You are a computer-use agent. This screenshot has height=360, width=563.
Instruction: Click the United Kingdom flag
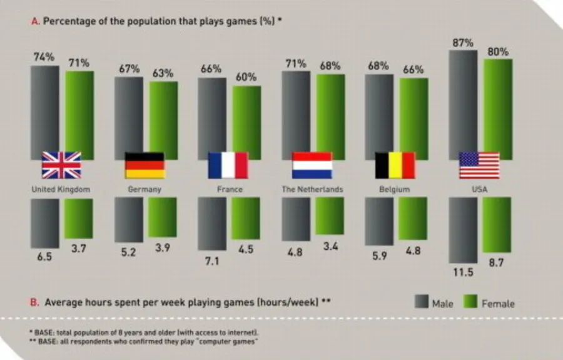[61, 165]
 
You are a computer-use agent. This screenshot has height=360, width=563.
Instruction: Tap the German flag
[145, 165]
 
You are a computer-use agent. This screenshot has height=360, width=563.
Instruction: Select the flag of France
[228, 165]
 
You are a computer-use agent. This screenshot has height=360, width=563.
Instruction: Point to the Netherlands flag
[312, 165]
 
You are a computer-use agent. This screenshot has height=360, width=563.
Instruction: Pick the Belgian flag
[395, 165]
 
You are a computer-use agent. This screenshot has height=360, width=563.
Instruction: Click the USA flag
[479, 165]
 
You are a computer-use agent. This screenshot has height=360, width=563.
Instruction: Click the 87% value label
[462, 43]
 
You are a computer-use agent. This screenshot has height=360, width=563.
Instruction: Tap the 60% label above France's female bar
[246, 77]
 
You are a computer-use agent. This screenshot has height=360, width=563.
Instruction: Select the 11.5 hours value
[463, 272]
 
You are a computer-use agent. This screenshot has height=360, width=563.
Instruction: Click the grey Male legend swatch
[420, 302]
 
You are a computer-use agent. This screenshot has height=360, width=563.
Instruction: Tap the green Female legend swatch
[470, 302]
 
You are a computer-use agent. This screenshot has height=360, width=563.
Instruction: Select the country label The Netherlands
[312, 188]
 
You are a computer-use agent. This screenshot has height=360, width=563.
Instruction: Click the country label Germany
[145, 188]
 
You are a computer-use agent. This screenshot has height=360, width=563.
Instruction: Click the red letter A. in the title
[35, 20]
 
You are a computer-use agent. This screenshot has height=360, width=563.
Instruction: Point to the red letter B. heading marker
[35, 302]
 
